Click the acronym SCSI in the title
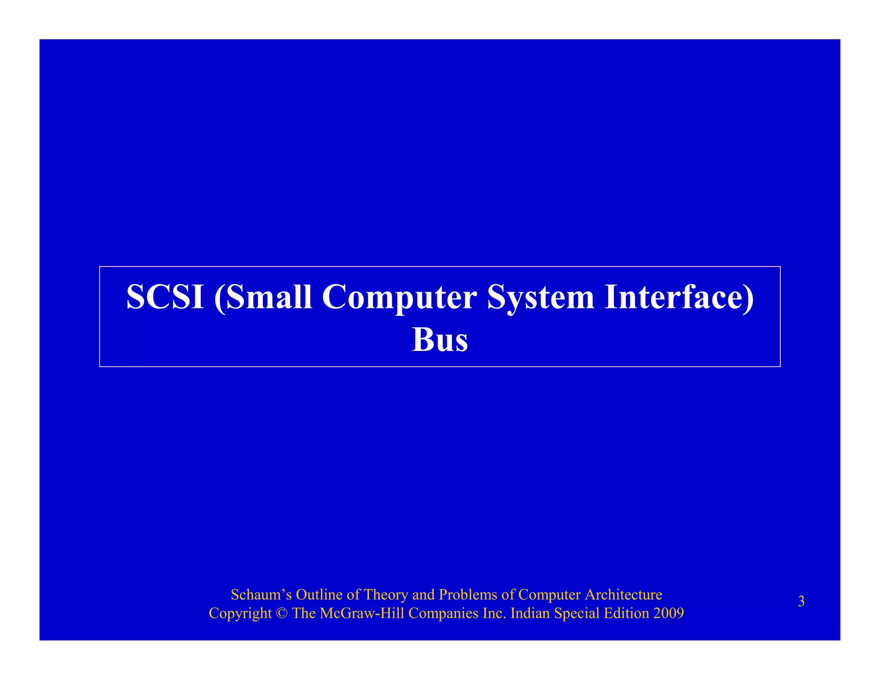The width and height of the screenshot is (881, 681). click(165, 297)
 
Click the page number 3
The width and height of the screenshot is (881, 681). click(801, 601)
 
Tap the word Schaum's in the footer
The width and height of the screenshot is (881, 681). click(261, 594)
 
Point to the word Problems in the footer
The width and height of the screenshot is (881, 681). click(468, 594)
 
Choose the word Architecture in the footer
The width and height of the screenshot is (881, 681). click(623, 594)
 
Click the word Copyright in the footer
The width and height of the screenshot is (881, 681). click(240, 614)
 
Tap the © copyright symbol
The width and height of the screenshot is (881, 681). click(282, 613)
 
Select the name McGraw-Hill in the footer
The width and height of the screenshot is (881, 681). click(362, 613)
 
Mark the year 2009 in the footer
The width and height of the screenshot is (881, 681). click(668, 613)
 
